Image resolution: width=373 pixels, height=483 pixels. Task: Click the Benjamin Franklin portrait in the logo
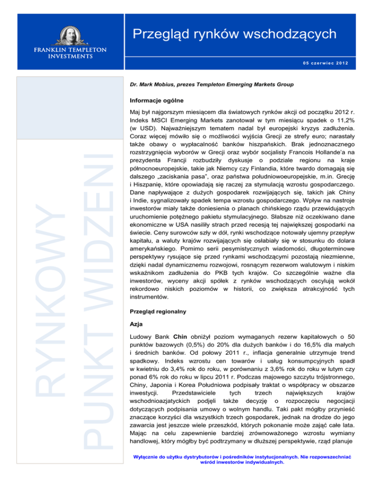[68, 38]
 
